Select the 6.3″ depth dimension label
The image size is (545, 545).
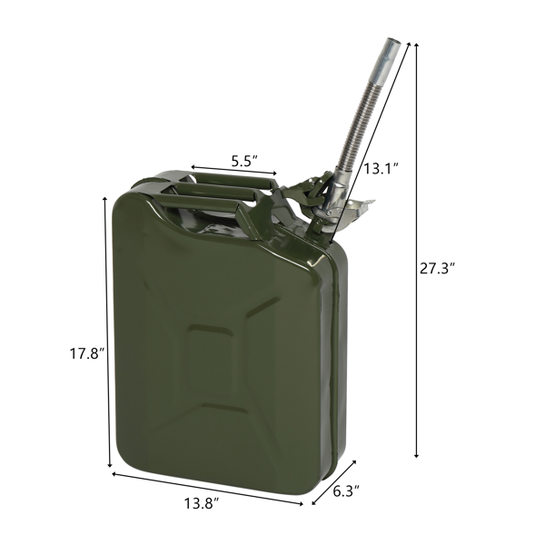(345, 491)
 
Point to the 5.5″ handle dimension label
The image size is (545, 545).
(243, 161)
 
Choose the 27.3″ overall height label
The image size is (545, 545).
(438, 268)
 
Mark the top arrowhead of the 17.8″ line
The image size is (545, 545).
(109, 199)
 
